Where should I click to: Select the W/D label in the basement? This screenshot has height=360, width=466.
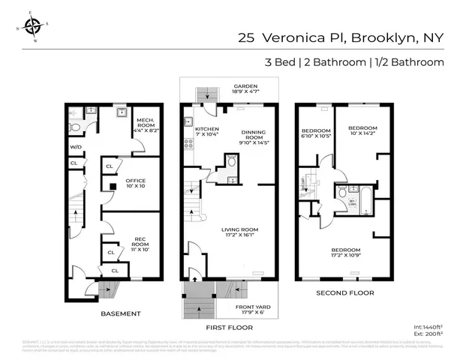point(76,146)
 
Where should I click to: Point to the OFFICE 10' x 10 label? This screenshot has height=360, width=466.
point(135,183)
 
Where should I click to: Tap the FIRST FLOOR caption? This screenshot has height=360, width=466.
point(230,328)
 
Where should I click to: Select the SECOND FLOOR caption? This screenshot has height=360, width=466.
point(344,292)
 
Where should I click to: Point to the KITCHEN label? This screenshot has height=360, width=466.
point(207,132)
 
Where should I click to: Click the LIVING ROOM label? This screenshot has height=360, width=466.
point(239,232)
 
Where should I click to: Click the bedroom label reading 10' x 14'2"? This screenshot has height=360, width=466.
point(363,131)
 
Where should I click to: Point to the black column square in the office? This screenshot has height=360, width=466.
point(110,186)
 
